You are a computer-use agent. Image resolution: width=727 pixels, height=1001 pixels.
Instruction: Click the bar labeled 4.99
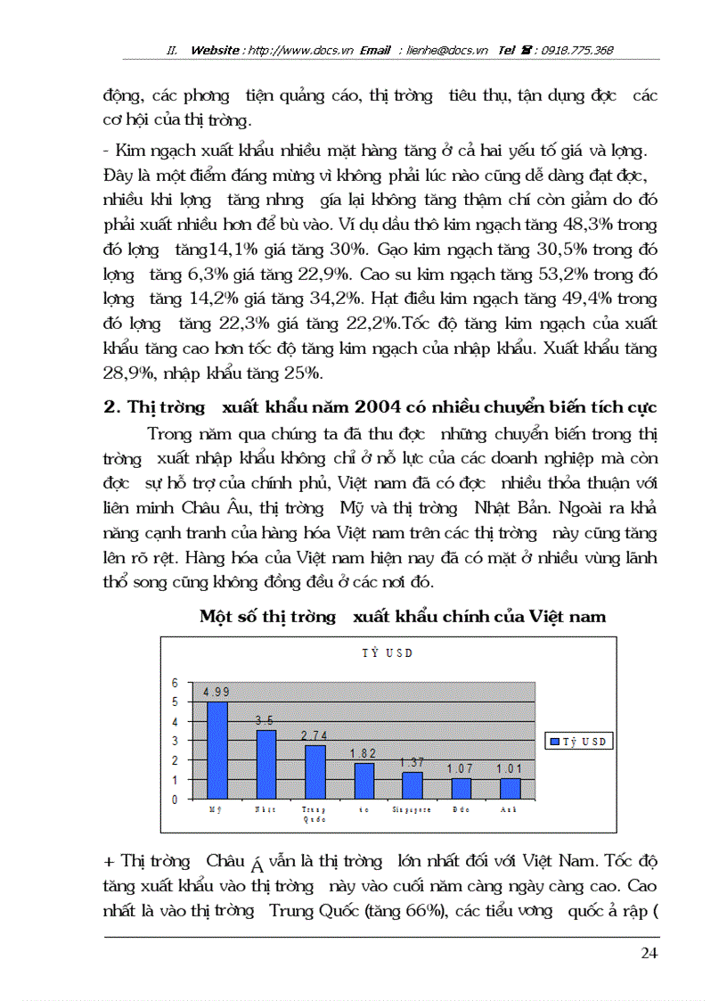pos(217,750)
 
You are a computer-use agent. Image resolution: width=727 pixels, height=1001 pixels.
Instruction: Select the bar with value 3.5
pos(265,765)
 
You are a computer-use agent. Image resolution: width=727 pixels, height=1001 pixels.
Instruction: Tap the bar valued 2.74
pos(314,772)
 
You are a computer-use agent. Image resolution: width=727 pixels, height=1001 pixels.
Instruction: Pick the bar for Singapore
pos(412,785)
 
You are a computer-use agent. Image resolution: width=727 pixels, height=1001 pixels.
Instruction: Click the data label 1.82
pos(363,754)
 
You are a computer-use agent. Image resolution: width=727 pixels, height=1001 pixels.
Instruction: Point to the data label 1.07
pos(461,768)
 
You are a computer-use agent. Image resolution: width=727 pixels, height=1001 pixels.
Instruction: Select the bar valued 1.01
pos(509,788)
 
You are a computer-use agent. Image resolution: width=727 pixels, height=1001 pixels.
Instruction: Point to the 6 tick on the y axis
pos(176,683)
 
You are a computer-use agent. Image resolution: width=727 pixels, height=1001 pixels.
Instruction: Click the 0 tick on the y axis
pos(176,800)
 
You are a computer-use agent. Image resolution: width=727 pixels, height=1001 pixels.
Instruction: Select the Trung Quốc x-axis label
pos(314,814)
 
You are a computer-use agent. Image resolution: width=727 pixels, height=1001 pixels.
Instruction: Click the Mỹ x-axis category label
pos(216,809)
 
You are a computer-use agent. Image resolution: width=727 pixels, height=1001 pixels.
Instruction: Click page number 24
pos(649,953)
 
